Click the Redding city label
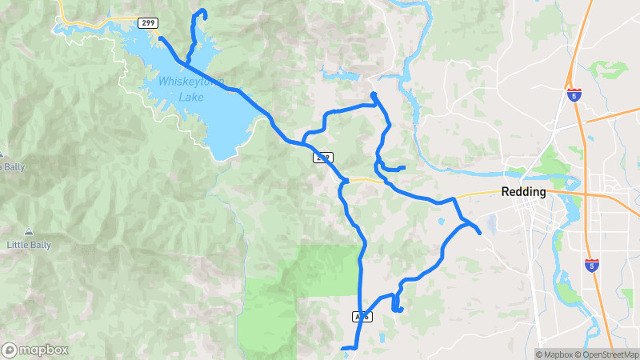point(523,192)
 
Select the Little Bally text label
point(29,243)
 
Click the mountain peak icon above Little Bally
point(29,230)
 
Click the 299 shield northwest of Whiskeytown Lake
point(146,23)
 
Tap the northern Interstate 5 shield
point(574,94)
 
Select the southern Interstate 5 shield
point(592,266)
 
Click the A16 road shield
point(361,317)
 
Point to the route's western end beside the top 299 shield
point(161,38)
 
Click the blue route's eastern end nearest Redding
point(478,233)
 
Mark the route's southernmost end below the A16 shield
point(343,349)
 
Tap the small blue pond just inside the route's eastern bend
point(441,221)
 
